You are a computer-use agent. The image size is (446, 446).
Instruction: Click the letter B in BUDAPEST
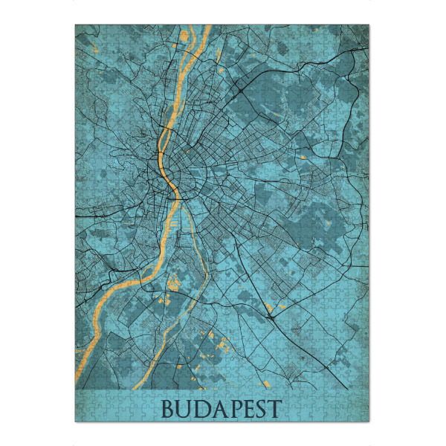(x=169, y=409)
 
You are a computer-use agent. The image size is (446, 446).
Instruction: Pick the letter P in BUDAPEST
(x=233, y=409)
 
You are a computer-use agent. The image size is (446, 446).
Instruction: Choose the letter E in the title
(x=248, y=409)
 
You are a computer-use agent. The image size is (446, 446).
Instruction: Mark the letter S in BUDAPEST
(x=261, y=409)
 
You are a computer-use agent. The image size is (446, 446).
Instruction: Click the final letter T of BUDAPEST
(x=275, y=409)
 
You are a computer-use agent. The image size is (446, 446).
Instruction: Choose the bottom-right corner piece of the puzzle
(x=366, y=417)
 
